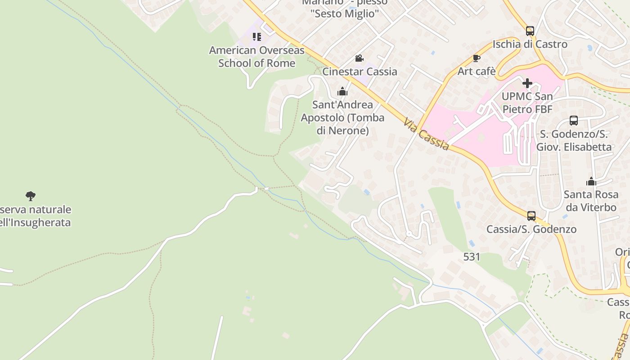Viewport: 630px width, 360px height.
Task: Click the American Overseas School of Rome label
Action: (x=256, y=57)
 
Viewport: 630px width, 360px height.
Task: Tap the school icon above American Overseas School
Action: (x=256, y=37)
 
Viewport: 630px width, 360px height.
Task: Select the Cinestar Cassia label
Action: (x=360, y=72)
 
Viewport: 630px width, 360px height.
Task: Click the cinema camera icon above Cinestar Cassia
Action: (x=359, y=58)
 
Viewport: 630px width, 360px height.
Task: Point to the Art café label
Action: (x=477, y=71)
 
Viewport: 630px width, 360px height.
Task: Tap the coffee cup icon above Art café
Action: (x=477, y=58)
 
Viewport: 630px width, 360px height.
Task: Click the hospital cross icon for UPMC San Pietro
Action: (x=527, y=83)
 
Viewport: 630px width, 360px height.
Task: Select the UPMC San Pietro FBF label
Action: (x=527, y=103)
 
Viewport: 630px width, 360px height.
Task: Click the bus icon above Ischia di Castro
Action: (x=530, y=31)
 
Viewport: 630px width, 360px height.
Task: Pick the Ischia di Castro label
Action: (x=530, y=44)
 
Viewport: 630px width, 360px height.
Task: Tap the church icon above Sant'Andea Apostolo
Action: (x=342, y=92)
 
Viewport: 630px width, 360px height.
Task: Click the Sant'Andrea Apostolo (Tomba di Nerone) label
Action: (x=342, y=117)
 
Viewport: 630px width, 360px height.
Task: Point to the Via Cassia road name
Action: (x=426, y=134)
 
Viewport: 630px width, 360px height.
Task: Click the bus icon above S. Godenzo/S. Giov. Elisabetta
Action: (x=574, y=121)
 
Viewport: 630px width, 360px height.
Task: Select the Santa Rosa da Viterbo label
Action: (x=590, y=201)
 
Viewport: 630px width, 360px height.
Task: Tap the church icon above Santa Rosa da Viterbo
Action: (x=591, y=181)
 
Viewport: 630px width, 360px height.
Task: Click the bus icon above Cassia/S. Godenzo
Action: (x=531, y=216)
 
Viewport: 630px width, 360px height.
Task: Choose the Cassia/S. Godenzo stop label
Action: (x=531, y=229)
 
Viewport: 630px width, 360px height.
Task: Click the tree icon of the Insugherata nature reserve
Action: (x=31, y=196)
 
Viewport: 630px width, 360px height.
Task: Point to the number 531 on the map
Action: (x=472, y=257)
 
